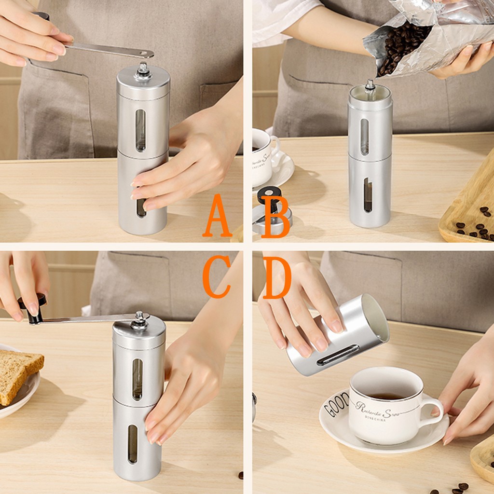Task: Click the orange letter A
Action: click(217, 217)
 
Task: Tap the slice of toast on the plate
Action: click(17, 374)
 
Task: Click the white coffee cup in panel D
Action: click(384, 405)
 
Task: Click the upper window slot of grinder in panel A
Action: click(140, 130)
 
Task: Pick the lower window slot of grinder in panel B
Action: click(368, 195)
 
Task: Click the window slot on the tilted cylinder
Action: click(338, 355)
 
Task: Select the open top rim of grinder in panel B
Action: click(370, 91)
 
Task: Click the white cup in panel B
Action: click(263, 157)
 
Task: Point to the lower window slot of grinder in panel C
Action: click(132, 444)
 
